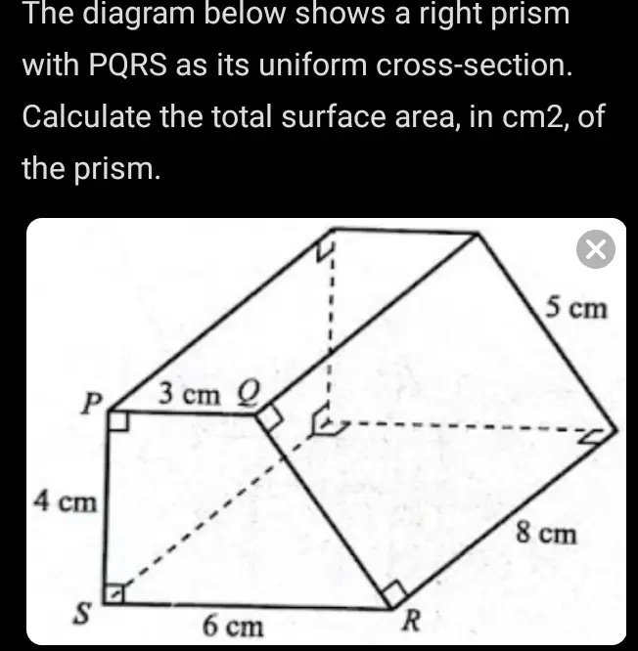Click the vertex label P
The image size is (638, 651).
[91, 404]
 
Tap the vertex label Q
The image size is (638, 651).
[248, 393]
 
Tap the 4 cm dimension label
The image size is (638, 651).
[66, 502]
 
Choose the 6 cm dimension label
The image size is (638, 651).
[233, 626]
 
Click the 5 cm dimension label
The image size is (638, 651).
[576, 309]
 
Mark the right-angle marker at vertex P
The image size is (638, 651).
[118, 421]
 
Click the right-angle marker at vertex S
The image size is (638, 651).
[115, 593]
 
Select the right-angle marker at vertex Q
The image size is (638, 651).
[272, 418]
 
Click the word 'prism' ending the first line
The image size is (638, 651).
[528, 15]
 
